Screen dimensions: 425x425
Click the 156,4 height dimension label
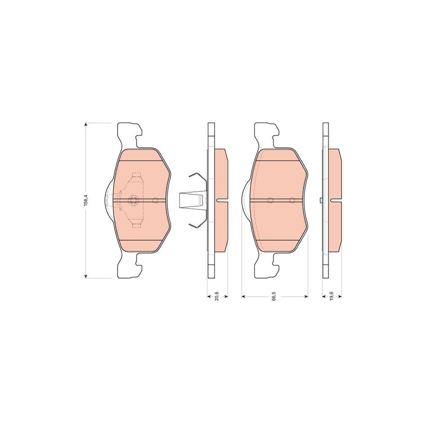coord(86,200)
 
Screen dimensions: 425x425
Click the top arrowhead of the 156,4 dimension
coord(86,125)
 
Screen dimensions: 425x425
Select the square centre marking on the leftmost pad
coord(134,200)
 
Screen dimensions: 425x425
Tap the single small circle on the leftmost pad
coord(155,200)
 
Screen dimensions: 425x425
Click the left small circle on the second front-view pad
coord(270,200)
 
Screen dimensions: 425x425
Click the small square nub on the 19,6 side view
coord(321,201)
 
